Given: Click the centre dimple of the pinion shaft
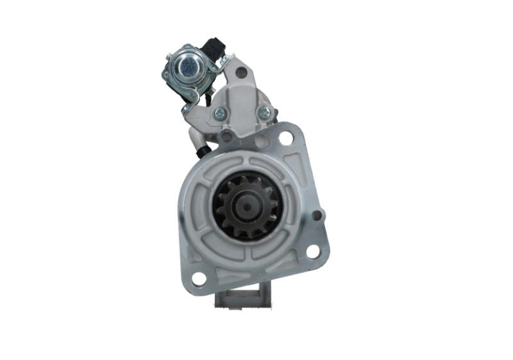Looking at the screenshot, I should pos(246,207).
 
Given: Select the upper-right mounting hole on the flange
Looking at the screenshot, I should pos(285,138).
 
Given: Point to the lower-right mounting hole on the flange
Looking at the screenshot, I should pos(313,251).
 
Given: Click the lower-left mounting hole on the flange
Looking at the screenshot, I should pos(199,279).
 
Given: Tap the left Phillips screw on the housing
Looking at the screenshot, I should pos(220,113).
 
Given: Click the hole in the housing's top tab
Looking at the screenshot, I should pos(241,73).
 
